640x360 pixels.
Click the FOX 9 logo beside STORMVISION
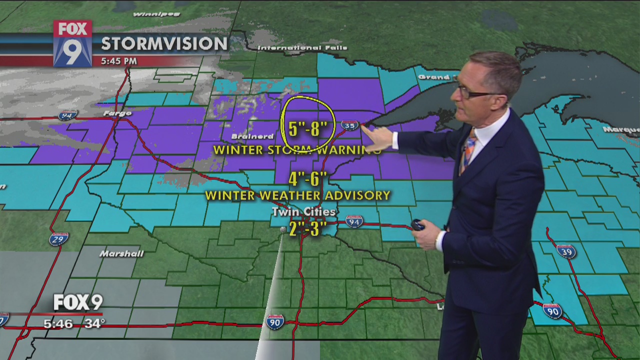(72, 43)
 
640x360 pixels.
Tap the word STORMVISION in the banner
(164, 44)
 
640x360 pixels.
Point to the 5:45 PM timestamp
(118, 61)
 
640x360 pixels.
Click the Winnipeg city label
(149, 14)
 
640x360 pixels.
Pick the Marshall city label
(121, 253)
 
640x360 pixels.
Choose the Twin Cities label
(303, 212)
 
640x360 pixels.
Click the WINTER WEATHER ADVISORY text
(297, 195)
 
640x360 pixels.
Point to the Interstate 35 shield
(349, 125)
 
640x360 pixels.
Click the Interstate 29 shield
(58, 239)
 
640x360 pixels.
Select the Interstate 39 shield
(566, 251)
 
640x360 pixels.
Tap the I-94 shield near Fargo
(67, 115)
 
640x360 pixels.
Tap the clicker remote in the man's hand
(417, 225)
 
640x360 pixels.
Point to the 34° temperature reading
(94, 323)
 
